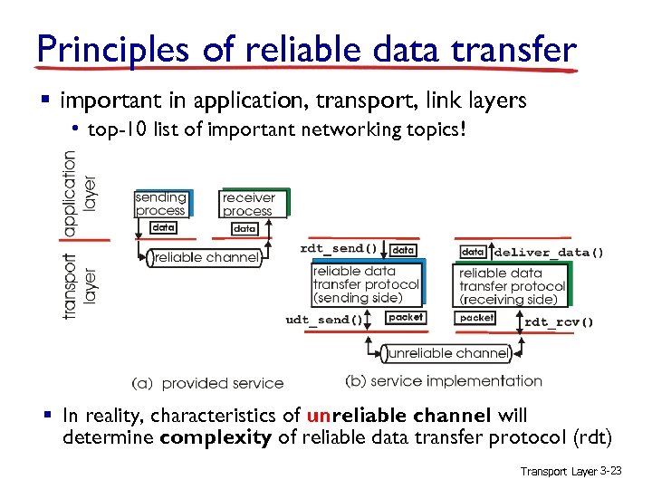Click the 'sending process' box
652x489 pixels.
pos(161,204)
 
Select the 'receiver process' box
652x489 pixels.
pos(249,204)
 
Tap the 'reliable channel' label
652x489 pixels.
pos(206,258)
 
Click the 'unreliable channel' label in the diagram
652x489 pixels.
pos(446,353)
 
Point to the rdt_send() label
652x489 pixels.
pos(339,248)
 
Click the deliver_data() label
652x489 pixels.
pos(549,252)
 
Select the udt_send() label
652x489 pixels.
pos(323,319)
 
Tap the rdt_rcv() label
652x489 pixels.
pos(559,321)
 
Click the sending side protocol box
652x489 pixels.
pos(365,284)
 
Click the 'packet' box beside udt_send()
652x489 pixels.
pos(405,318)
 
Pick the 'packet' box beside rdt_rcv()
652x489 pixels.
pos(476,318)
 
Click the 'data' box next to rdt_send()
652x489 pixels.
pos(404,249)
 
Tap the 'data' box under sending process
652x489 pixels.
pos(163,227)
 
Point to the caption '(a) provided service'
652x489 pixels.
pos(207,383)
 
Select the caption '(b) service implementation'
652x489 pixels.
pos(444,381)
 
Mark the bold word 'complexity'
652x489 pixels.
pos(216,438)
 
